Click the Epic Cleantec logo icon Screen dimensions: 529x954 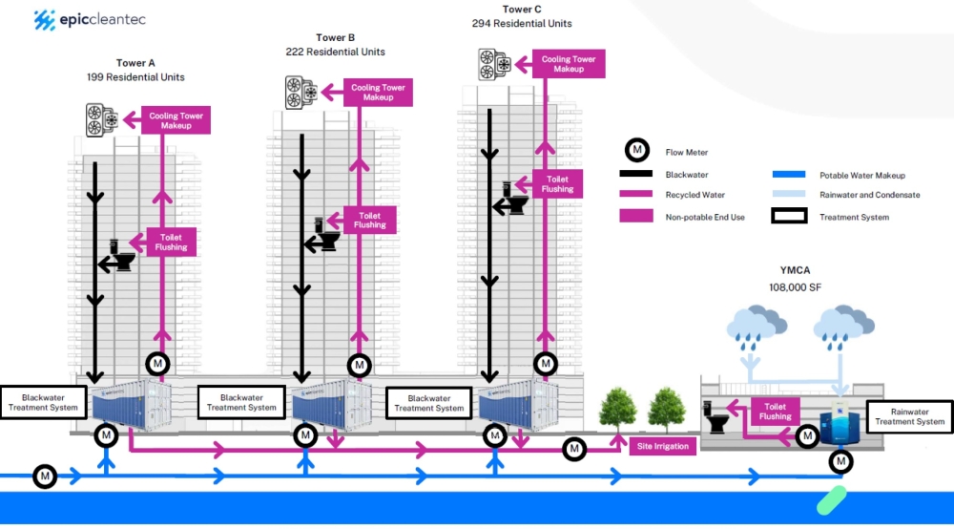click(x=44, y=18)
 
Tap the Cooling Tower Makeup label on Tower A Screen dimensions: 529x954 click(x=176, y=120)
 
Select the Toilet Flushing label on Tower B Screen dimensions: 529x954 click(x=370, y=220)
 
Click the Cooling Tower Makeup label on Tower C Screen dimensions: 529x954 click(x=569, y=64)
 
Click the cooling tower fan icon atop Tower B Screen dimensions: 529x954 click(x=301, y=93)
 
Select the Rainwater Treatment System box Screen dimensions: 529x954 click(x=909, y=415)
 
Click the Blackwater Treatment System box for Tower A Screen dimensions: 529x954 click(x=43, y=402)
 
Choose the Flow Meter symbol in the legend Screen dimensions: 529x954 click(x=637, y=151)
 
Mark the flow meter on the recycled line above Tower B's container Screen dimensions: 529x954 click(x=359, y=365)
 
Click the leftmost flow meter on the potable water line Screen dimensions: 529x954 click(x=45, y=476)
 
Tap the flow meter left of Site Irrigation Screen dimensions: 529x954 click(x=574, y=449)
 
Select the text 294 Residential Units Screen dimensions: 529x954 click(x=522, y=23)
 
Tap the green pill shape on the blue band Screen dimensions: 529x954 click(x=832, y=499)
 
